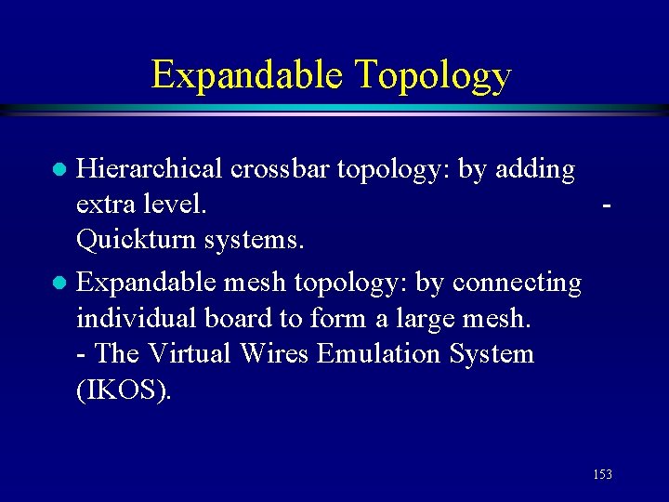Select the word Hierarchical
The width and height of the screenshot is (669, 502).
149,169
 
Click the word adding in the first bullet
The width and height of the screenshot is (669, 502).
536,170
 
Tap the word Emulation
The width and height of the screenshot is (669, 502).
365,354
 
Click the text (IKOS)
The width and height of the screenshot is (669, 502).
124,390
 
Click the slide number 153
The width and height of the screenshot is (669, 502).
602,475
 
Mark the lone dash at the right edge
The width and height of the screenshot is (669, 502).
606,205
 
